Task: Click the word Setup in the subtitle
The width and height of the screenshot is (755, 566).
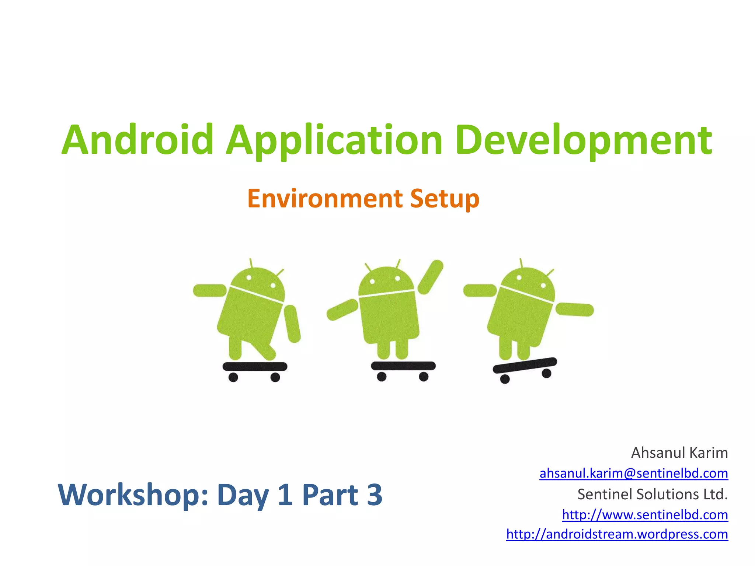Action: tap(445, 199)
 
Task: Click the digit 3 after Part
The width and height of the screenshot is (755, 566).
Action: tap(375, 495)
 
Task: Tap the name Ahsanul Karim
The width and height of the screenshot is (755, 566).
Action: tap(679, 453)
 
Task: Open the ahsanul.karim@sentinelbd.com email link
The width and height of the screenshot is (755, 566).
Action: tap(633, 473)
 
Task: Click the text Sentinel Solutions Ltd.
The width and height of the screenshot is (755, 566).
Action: tap(653, 494)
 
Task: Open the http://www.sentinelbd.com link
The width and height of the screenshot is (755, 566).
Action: tap(645, 514)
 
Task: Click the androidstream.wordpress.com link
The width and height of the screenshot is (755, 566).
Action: tap(617, 534)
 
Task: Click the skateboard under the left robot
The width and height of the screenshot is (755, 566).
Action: tap(255, 366)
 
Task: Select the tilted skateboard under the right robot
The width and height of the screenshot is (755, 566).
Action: tap(525, 365)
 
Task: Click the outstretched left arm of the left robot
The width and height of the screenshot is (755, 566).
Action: tap(210, 290)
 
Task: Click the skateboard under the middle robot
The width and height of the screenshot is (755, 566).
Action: tap(403, 366)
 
